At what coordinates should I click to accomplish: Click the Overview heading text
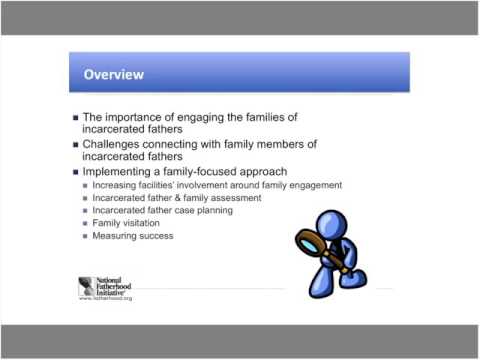click(x=112, y=74)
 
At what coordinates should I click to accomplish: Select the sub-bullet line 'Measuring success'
click(x=131, y=236)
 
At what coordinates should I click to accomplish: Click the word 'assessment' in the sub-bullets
click(x=236, y=198)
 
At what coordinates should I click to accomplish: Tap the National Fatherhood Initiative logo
click(x=104, y=286)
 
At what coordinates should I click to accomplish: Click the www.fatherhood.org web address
click(x=105, y=298)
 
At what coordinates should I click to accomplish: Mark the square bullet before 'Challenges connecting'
click(x=77, y=145)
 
